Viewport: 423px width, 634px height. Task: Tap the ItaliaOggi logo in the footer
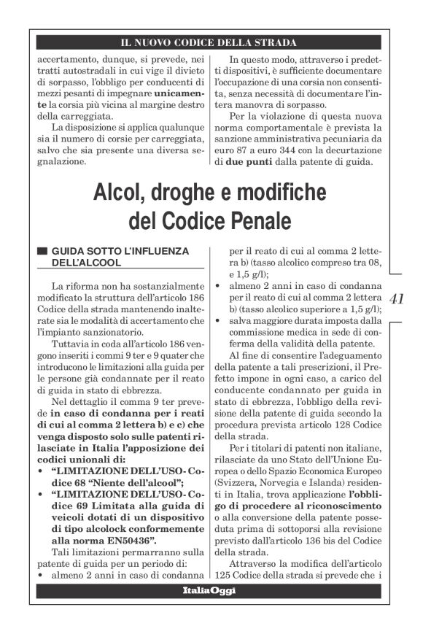209,591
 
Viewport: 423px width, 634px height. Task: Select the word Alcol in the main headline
121,193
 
